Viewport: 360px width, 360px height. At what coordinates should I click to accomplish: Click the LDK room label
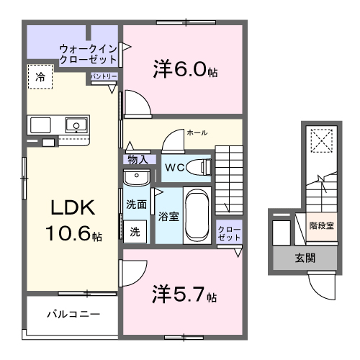tap(73, 220)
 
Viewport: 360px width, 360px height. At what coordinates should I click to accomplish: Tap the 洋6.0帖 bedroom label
tap(185, 69)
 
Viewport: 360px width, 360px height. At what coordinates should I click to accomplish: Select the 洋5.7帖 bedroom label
tap(184, 294)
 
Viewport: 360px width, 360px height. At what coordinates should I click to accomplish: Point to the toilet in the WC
tap(199, 167)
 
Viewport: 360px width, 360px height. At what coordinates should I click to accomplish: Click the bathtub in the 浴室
tap(197, 215)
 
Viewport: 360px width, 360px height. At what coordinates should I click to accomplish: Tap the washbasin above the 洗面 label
tap(136, 177)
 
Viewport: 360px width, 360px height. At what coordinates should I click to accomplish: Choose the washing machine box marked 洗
tap(135, 232)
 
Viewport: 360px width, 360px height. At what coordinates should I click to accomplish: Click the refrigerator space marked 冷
tap(40, 77)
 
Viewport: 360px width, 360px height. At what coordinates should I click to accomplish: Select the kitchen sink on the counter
tap(76, 125)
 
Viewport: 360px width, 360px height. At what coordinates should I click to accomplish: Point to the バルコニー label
tap(73, 314)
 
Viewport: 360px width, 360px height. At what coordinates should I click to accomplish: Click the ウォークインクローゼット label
tap(89, 54)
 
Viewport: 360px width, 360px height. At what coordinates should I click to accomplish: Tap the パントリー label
tap(104, 76)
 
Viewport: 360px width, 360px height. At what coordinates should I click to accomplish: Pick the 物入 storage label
tap(138, 160)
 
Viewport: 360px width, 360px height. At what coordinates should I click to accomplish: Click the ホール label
tap(197, 132)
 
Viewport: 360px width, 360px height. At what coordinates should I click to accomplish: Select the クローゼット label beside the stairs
tap(229, 233)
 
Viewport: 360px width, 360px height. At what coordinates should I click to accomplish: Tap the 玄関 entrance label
tap(305, 258)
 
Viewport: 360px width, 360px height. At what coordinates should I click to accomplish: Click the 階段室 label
tap(321, 225)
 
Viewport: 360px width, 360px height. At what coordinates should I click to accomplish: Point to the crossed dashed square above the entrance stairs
tap(322, 140)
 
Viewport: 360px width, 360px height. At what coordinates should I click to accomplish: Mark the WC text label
tap(175, 168)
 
